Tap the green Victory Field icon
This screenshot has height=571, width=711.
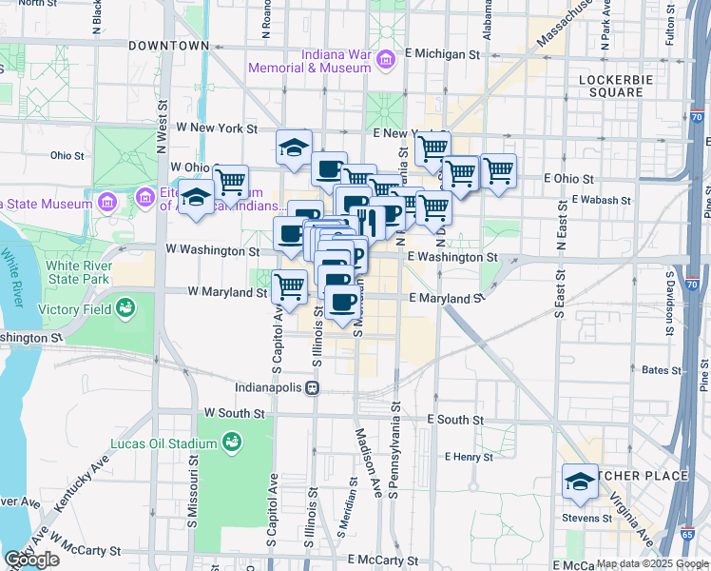(x=125, y=308)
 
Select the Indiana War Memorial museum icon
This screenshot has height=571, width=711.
(x=386, y=60)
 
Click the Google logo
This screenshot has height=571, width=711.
(x=31, y=560)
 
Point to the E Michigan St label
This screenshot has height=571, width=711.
(x=441, y=55)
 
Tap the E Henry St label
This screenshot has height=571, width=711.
(x=468, y=457)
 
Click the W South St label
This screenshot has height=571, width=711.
(x=233, y=413)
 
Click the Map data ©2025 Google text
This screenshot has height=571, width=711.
(x=651, y=563)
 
